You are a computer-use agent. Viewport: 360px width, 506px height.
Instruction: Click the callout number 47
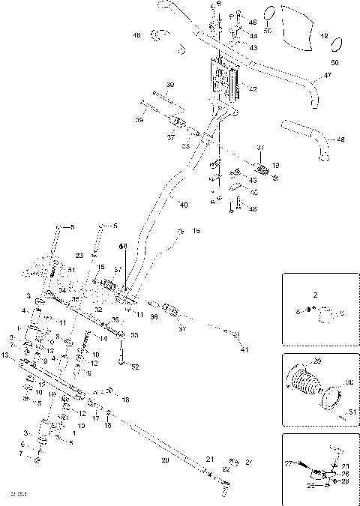(327, 76)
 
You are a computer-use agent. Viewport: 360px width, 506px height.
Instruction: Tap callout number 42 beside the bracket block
(253, 89)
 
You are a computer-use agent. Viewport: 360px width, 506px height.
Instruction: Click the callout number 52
(135, 367)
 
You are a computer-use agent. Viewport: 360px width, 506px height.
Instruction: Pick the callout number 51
(71, 270)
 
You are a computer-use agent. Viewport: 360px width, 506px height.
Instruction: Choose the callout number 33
(134, 334)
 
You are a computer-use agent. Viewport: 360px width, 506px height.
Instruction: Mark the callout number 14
(103, 339)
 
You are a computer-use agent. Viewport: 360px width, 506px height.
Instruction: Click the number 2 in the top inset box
(316, 295)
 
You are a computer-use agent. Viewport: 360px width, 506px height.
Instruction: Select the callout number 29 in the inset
(316, 361)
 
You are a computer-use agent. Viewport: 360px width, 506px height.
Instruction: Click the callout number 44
(253, 36)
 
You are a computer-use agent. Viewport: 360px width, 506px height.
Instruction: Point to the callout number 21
(210, 459)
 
